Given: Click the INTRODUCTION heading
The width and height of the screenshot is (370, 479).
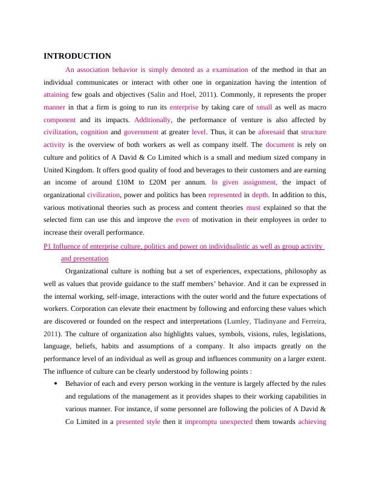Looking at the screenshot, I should (x=77, y=56).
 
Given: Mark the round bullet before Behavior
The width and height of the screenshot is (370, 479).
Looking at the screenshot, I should (x=56, y=383).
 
